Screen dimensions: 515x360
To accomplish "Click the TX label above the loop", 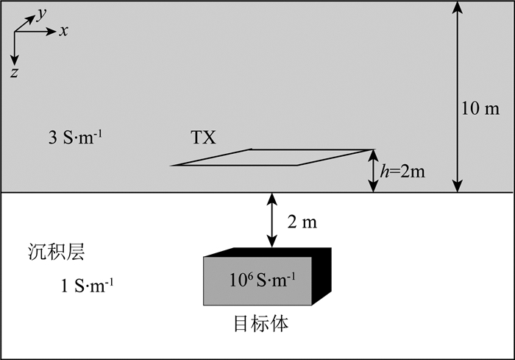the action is [203, 138].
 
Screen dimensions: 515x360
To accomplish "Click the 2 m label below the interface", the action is [301, 221].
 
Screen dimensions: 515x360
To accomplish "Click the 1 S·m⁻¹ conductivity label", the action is [87, 285].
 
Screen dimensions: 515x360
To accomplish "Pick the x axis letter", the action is [64, 32].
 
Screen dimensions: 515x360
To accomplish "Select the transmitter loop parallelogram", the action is [272, 157].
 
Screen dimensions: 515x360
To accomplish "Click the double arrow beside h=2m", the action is [373, 172].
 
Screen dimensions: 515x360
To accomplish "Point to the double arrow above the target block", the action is [272, 220].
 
